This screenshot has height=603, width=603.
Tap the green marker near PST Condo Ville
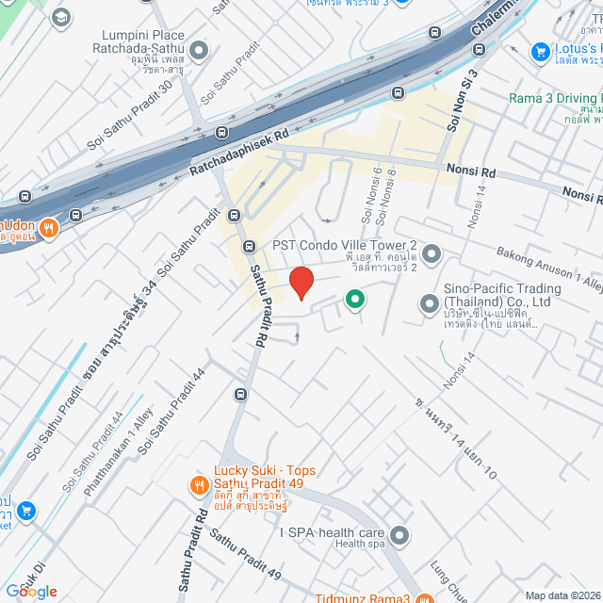[354, 300]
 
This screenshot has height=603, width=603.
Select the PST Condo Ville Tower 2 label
[345, 244]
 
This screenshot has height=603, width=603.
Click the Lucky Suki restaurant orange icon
[198, 485]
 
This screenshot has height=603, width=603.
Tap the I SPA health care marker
[399, 536]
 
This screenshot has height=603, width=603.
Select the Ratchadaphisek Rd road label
[237, 153]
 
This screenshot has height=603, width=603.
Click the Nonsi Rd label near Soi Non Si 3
[471, 172]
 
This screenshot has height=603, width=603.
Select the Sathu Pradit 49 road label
[245, 556]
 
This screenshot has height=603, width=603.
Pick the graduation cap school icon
[61, 17]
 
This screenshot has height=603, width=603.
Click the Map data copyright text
[562, 595]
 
